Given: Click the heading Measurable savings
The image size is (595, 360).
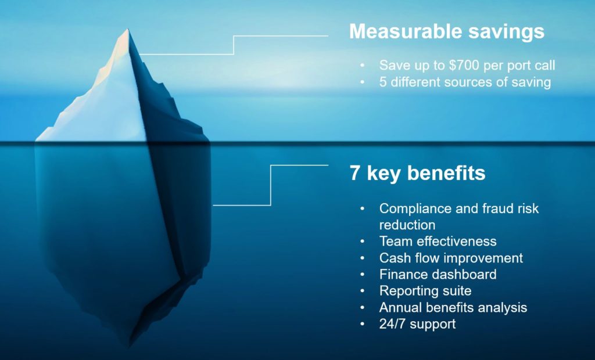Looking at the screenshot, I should tap(446, 31).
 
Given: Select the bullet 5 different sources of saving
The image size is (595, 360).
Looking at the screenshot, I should tap(465, 82).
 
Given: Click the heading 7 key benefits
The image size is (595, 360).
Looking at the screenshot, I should tap(417, 173).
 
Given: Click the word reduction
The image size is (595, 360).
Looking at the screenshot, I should tap(407, 224).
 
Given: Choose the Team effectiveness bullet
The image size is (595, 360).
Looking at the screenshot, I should tap(438, 241).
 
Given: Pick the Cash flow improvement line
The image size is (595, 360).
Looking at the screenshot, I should tap(451, 258).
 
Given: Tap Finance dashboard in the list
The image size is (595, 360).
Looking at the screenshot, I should tap(438, 274).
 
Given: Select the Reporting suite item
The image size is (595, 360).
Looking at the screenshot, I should tap(425, 291).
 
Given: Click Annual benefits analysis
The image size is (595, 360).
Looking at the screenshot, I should tap(453, 307).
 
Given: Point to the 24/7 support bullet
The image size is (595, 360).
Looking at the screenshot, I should tap(417, 324).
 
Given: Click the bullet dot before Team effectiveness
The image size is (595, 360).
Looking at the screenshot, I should tap(363, 242).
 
